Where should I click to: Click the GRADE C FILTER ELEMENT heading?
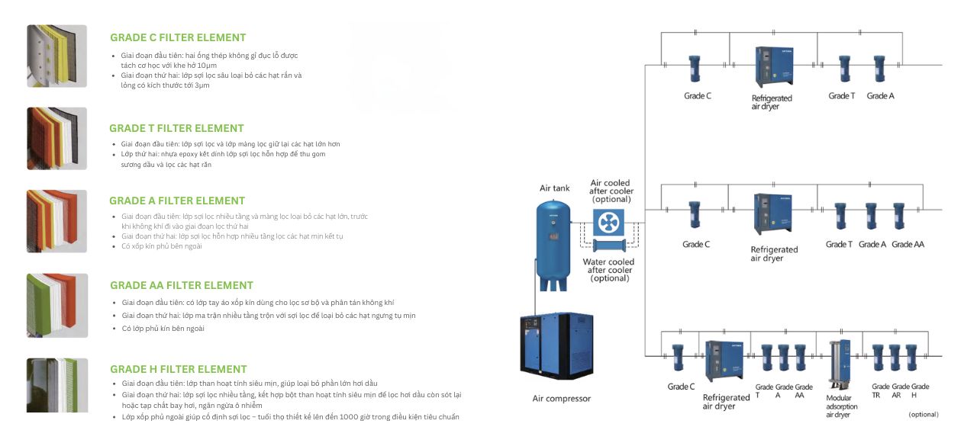[178, 37]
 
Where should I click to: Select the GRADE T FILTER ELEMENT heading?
[176, 128]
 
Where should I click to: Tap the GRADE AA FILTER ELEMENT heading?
[182, 285]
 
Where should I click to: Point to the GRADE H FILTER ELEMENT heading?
[179, 369]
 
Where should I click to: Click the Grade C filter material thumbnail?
[57, 56]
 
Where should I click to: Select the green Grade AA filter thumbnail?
[57, 305]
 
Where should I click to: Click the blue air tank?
[554, 244]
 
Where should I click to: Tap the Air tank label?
[554, 188]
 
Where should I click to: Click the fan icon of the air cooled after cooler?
[609, 223]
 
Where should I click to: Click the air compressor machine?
[556, 347]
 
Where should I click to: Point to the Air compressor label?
[561, 399]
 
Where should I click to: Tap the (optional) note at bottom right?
[924, 414]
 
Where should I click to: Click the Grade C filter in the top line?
[695, 69]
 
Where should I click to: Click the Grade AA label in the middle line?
[908, 244]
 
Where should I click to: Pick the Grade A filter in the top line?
[879, 69]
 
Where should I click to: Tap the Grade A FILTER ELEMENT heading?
[176, 201]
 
